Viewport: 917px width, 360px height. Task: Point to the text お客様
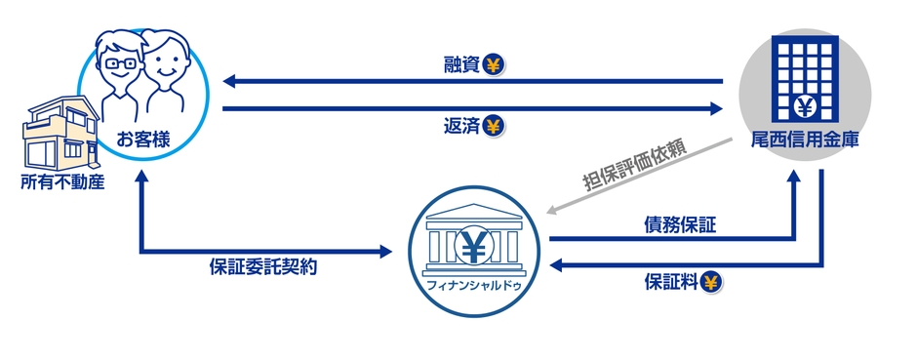tap(143, 140)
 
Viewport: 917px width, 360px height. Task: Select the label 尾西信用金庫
tap(806, 139)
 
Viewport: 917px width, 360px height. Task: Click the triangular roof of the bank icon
tap(475, 210)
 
